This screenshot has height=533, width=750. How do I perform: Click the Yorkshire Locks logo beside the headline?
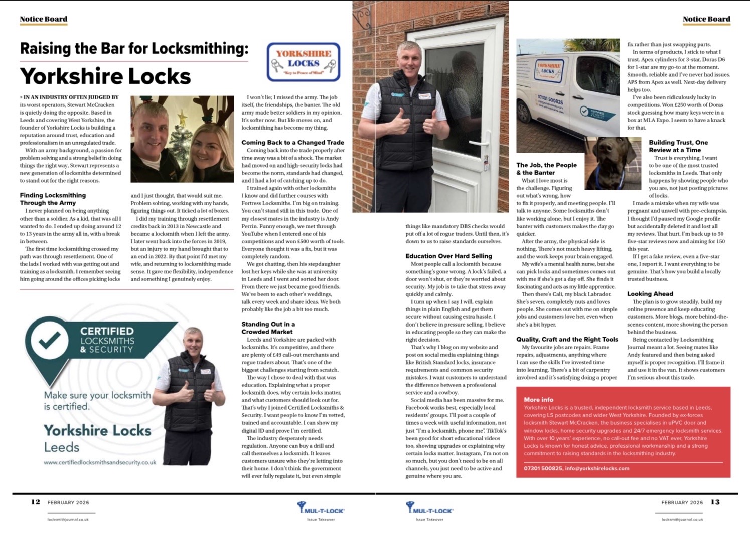[x=304, y=62]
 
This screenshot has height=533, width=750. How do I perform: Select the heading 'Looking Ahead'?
[x=650, y=294]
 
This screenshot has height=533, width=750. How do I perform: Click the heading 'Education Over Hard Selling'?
[x=448, y=256]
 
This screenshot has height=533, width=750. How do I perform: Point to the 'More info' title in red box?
[x=538, y=400]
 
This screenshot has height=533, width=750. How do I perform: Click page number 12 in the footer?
[x=36, y=502]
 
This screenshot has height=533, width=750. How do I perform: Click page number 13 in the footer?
[x=715, y=502]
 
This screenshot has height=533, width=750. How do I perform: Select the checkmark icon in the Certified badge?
[x=49, y=340]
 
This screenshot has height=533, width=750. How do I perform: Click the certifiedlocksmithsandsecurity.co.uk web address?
[x=100, y=462]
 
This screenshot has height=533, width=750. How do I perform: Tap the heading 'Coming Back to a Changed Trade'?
[x=292, y=143]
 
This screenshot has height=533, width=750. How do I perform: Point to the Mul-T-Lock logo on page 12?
[x=321, y=509]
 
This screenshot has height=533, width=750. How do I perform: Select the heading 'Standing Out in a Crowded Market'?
[x=268, y=328]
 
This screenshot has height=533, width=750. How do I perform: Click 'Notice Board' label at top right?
[x=706, y=19]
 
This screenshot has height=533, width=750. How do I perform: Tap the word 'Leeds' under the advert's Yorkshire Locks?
[x=62, y=447]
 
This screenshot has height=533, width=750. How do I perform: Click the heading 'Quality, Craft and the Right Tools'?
[x=567, y=340]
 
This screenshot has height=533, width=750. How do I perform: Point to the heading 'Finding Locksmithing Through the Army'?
[x=53, y=199]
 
